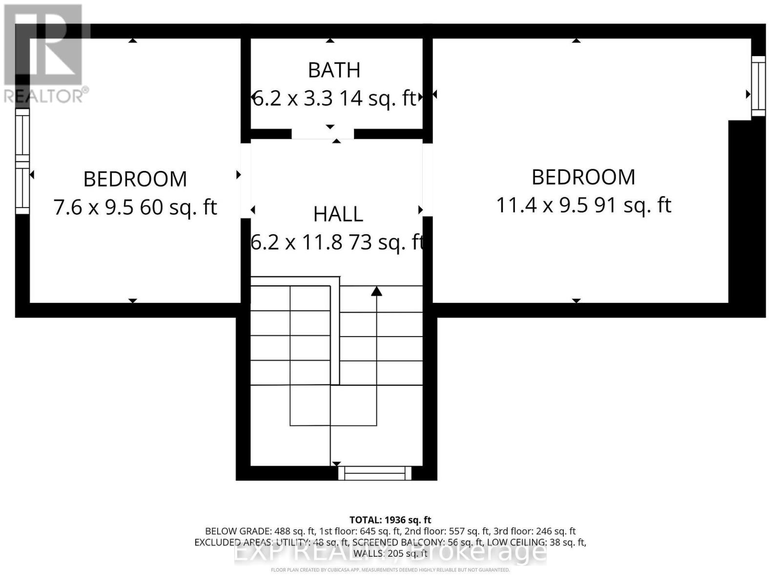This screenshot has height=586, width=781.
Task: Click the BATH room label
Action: point(334,70)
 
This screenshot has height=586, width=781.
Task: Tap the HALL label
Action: point(338,214)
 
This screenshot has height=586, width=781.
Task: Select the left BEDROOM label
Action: point(135,179)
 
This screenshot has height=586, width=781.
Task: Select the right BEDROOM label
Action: point(583,177)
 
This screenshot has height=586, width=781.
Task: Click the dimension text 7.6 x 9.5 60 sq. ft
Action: point(135,208)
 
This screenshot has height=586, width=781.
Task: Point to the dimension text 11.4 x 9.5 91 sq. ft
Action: point(583,205)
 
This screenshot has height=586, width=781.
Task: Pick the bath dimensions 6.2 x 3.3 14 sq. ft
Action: point(334,99)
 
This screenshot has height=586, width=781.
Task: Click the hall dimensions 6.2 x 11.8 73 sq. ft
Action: point(337,242)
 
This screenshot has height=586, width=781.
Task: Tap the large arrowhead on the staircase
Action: point(376,292)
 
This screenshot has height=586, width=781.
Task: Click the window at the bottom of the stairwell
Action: point(375,473)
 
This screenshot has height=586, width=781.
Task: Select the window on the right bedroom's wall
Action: point(758,86)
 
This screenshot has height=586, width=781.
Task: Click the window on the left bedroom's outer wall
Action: point(22,161)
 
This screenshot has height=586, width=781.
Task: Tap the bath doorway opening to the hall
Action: point(323,134)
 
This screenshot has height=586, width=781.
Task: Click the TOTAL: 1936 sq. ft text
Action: point(390,520)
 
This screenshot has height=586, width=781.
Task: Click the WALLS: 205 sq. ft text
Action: point(390,553)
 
